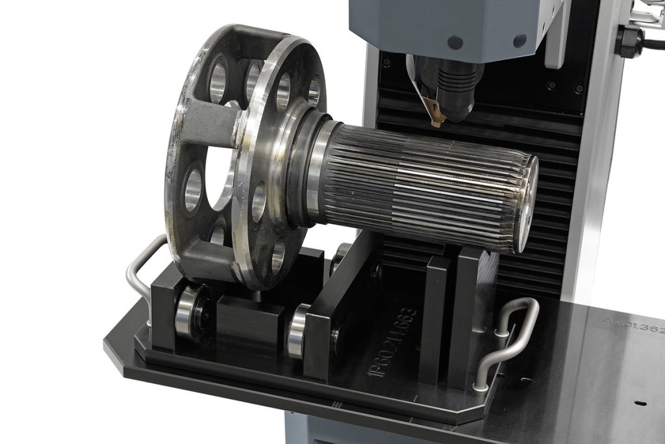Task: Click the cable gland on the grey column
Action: coord(629,41)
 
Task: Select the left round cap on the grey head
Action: coord(455,42)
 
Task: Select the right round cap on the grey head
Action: coord(520,40)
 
